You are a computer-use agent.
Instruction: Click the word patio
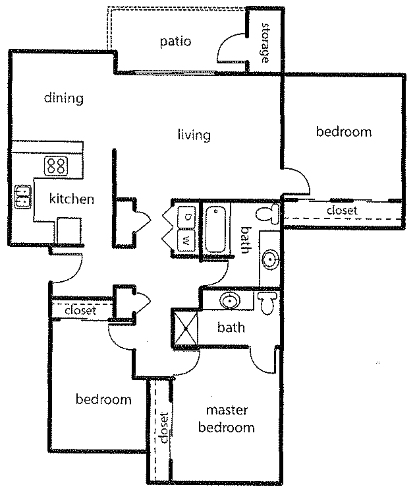[175, 42]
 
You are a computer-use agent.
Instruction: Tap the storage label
[265, 43]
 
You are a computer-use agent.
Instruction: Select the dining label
[64, 98]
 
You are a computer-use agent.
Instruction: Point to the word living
[194, 135]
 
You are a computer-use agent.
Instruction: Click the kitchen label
[72, 199]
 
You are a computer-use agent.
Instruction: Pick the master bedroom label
[227, 418]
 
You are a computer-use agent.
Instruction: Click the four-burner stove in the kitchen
[56, 166]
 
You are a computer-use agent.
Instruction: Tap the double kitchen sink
[23, 197]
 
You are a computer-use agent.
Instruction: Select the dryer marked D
[186, 217]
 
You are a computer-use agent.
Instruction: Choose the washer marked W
[186, 241]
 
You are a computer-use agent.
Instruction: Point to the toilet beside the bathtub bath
[267, 213]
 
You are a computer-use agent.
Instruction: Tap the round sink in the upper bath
[270, 259]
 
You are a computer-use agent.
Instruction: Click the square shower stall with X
[185, 329]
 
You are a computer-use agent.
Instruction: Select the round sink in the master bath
[231, 301]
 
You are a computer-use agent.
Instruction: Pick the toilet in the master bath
[267, 303]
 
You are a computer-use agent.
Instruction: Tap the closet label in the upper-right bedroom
[342, 211]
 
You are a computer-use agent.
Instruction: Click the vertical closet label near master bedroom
[165, 428]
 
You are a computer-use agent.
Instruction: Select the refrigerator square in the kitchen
[69, 231]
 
